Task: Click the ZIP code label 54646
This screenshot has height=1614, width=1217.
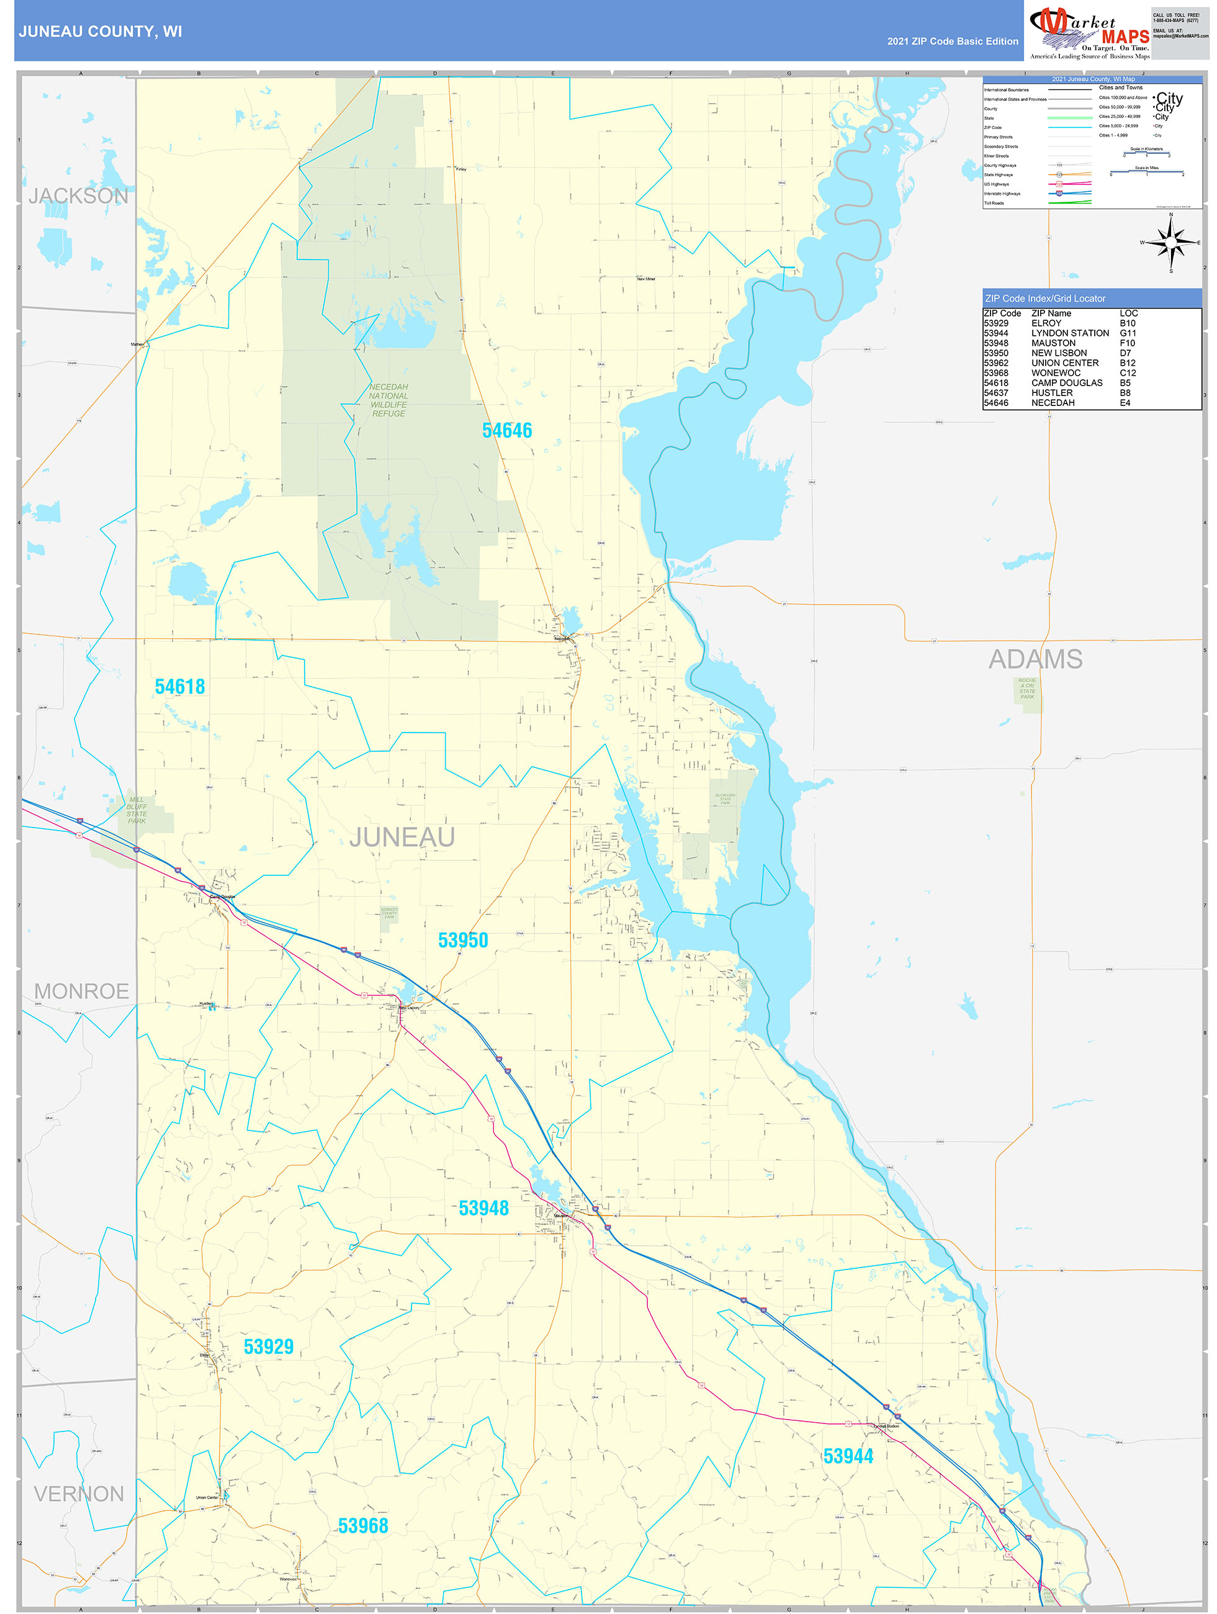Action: coord(507,430)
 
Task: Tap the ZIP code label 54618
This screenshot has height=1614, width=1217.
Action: coord(179,687)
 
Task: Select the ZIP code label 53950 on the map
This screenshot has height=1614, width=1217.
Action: coord(462,940)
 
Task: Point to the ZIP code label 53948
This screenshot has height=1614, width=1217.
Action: coord(483,1207)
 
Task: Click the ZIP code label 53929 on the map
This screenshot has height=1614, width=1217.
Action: coord(269,1346)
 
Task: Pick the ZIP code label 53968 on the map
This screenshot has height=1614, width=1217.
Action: coord(362,1525)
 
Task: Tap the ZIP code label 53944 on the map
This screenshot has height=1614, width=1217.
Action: coord(848,1456)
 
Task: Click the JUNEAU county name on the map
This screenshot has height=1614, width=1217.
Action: coord(402,837)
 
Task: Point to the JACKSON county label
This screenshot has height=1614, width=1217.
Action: coord(78,196)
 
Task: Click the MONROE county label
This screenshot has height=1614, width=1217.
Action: coord(82,991)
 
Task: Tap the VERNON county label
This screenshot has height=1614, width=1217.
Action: coord(79,1494)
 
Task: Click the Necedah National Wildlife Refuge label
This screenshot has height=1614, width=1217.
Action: coord(388,400)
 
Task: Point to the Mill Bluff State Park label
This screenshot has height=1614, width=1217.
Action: coord(137,810)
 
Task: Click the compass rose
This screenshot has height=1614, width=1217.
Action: coord(1170,242)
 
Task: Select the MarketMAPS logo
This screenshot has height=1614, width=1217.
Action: coord(1089,30)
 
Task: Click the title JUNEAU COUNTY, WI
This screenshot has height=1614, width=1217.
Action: coord(101,32)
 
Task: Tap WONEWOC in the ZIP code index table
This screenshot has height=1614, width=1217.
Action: coord(1055,373)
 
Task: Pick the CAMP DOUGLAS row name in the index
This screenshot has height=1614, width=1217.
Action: coord(1067,383)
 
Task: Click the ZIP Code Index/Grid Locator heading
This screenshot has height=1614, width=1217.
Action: coord(1045,299)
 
